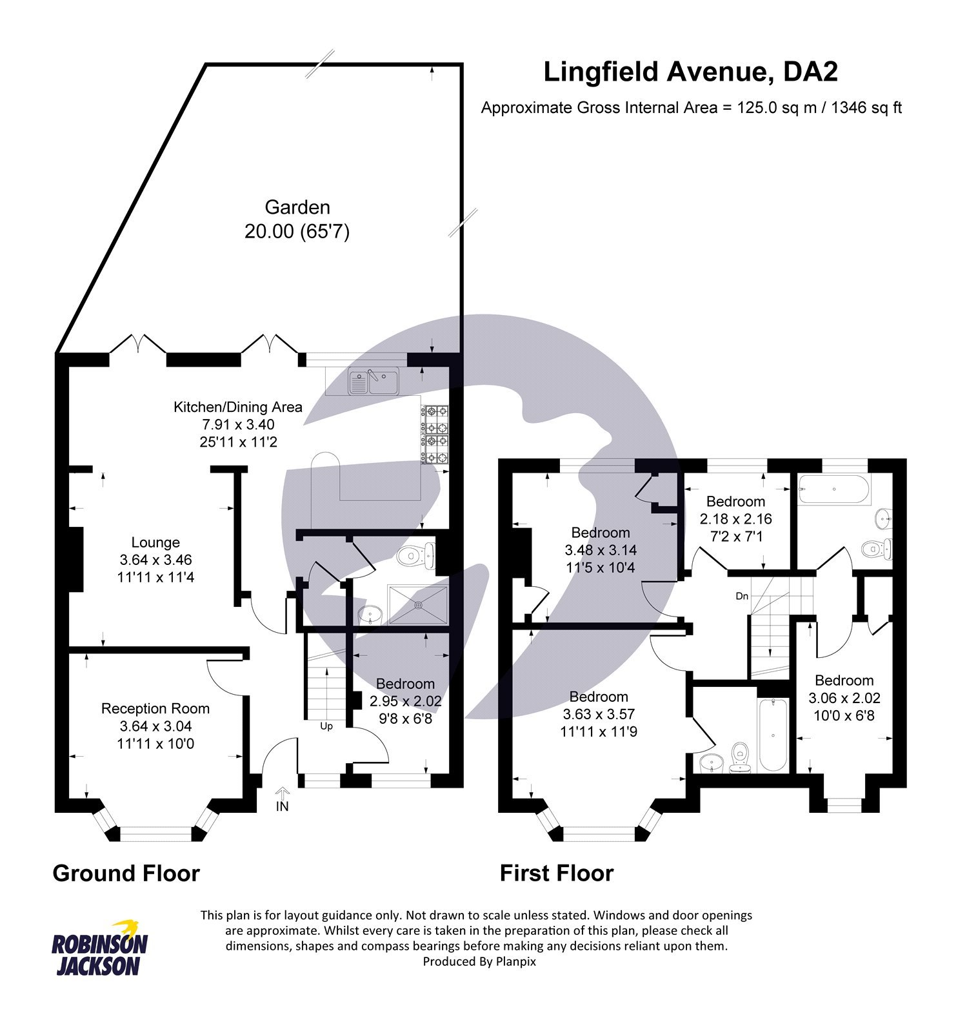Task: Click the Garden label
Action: [x=297, y=207]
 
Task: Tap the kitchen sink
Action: [x=374, y=382]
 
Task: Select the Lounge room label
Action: [x=155, y=542]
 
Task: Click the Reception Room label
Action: [x=155, y=708]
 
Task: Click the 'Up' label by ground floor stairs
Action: [x=326, y=726]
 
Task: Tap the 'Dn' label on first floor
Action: [x=742, y=596]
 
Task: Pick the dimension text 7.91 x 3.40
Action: [x=238, y=424]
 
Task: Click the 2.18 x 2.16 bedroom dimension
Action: [x=735, y=519]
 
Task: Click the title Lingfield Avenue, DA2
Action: [x=690, y=72]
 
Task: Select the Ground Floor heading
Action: [x=126, y=873]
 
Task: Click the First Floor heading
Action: [x=556, y=873]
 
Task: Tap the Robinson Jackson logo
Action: [x=99, y=948]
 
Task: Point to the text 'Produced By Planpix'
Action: [x=479, y=961]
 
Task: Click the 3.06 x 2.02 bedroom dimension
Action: [x=844, y=698]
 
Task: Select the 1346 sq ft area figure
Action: [x=866, y=108]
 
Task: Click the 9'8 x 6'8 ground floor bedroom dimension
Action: [x=405, y=719]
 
